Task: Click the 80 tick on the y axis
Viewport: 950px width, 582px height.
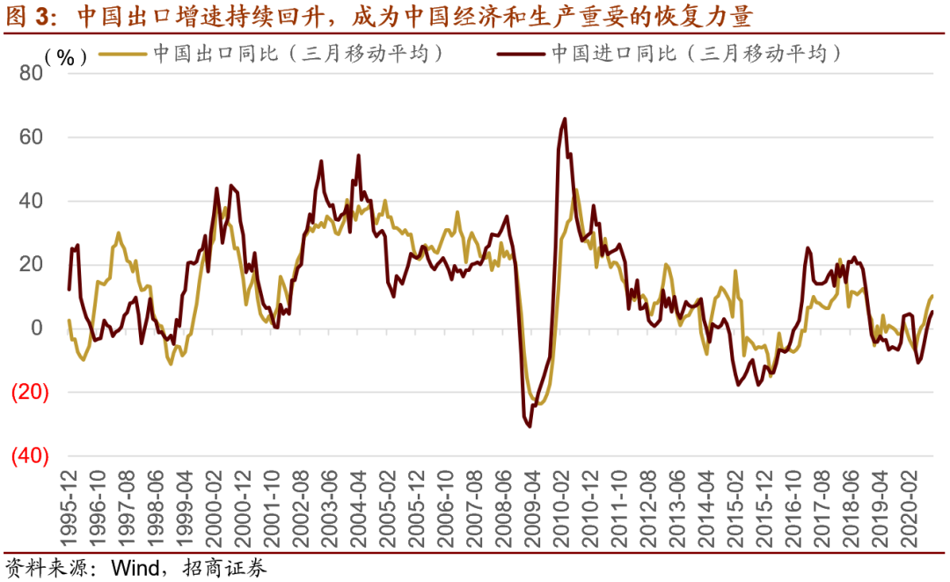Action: click(x=31, y=73)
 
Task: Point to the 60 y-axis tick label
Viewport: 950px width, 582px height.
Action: click(x=31, y=137)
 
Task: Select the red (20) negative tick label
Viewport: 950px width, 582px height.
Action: click(x=30, y=393)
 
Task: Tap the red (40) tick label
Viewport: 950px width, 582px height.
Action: click(x=30, y=456)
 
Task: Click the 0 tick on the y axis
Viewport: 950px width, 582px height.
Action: click(x=37, y=328)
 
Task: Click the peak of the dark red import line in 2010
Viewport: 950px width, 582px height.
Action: click(x=564, y=119)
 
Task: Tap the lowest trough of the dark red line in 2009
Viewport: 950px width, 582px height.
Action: click(x=529, y=426)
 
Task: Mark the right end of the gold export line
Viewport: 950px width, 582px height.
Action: click(x=932, y=296)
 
